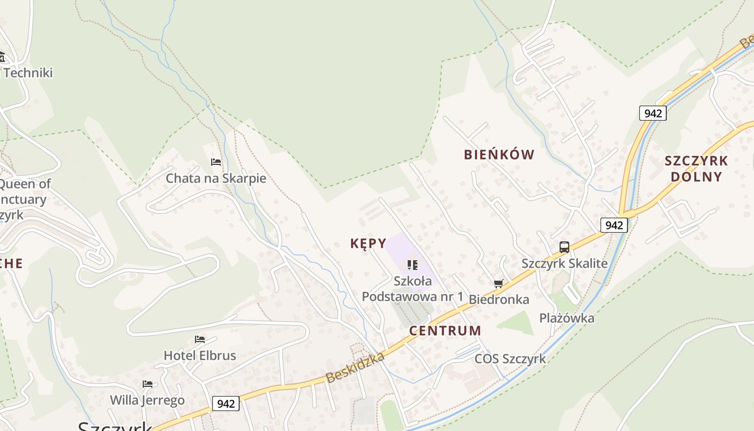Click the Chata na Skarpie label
[x=216, y=178]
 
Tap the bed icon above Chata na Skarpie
[x=216, y=162]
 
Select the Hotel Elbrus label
[x=200, y=356]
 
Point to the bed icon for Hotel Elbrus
[x=200, y=339]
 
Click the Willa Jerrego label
[x=147, y=400]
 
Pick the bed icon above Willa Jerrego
[x=148, y=384]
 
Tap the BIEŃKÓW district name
[x=499, y=155]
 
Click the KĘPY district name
[x=368, y=244]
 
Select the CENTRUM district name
[x=445, y=331]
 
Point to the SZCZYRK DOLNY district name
[x=696, y=169]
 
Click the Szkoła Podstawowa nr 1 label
[x=413, y=289]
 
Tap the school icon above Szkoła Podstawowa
[x=413, y=265]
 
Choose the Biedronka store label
[x=499, y=300]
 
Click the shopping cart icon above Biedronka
[x=499, y=283]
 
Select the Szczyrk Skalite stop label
[x=564, y=263]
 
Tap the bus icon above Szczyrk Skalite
[x=564, y=247]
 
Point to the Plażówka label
[x=567, y=318]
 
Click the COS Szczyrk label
[x=510, y=359]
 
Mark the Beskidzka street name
[x=355, y=367]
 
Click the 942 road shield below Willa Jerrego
[x=226, y=404]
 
